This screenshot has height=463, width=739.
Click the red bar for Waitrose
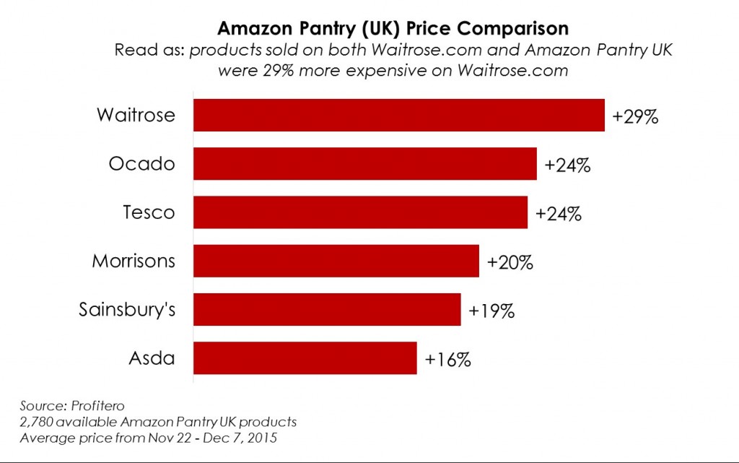click(399, 116)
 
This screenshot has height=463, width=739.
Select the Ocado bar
click(365, 164)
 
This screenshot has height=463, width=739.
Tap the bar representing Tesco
click(361, 212)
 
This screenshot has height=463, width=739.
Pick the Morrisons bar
click(336, 261)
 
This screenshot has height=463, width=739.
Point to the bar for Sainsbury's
click(327, 309)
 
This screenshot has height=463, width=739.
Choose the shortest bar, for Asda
click(305, 358)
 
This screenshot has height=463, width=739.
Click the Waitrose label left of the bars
click(136, 116)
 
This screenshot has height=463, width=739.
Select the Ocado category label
click(141, 164)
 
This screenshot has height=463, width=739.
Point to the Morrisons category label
click(134, 261)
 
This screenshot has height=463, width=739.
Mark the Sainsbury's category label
click(127, 309)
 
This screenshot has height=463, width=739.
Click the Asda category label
click(151, 358)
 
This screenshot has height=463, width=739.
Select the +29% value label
click(635, 117)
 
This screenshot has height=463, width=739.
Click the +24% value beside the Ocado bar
click(568, 165)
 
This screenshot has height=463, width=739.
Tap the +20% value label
click(510, 262)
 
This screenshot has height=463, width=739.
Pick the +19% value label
click(491, 311)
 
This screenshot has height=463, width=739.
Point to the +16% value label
click(448, 359)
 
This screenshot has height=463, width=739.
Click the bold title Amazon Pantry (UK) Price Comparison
click(393, 29)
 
